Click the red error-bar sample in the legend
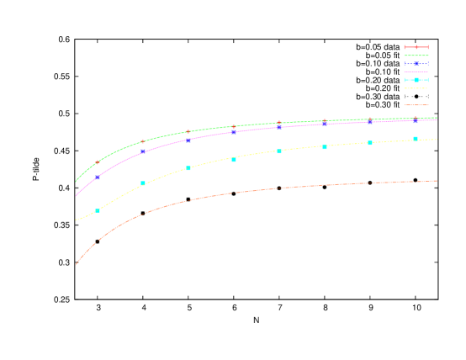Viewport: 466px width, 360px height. click(416, 47)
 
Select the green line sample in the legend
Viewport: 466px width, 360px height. click(416, 56)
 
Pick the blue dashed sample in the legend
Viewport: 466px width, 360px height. click(416, 64)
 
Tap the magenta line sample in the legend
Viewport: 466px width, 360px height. click(416, 71)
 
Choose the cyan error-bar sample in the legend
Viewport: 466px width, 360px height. click(416, 80)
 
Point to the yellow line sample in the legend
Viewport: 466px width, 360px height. click(416, 88)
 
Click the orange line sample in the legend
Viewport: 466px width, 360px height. click(416, 105)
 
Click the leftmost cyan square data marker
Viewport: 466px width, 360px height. click(98, 210)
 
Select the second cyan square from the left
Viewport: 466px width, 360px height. click(143, 183)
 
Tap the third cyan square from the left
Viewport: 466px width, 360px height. click(188, 168)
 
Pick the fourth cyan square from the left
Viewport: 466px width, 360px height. click(234, 159)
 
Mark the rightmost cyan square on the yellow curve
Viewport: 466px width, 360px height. click(416, 139)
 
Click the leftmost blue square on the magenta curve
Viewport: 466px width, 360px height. click(98, 177)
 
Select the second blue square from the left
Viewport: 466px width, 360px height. click(143, 152)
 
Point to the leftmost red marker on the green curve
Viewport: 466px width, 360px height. click(98, 162)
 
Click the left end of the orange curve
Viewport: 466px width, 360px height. click(76, 264)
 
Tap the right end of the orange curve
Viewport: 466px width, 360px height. click(437, 180)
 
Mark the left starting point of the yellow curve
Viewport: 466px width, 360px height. click(76, 220)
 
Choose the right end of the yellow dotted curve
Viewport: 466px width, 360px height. click(437, 139)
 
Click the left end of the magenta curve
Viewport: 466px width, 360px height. click(76, 196)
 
